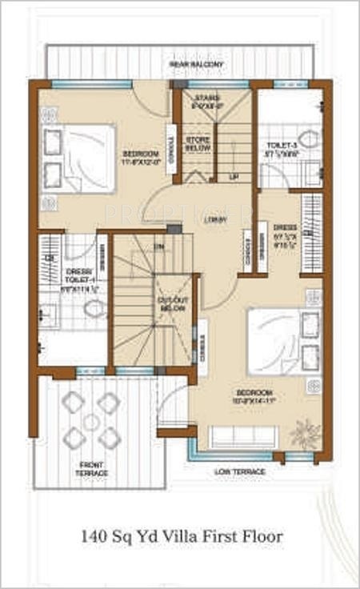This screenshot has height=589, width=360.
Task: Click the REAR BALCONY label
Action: click(196, 64)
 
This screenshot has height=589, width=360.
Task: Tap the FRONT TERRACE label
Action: click(94, 468)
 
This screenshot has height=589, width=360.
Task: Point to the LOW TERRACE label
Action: click(240, 472)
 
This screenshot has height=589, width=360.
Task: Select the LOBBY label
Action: click(214, 220)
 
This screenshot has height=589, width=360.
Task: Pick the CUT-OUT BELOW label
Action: click(172, 303)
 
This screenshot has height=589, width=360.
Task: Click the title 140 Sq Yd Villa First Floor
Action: click(182, 537)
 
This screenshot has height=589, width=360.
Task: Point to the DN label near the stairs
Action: click(159, 246)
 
